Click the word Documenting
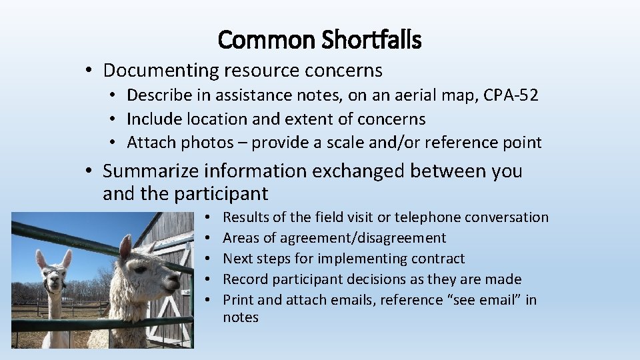(x=161, y=70)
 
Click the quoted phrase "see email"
(x=486, y=300)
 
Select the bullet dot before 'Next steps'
(x=209, y=259)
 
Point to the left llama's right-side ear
(x=67, y=258)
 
